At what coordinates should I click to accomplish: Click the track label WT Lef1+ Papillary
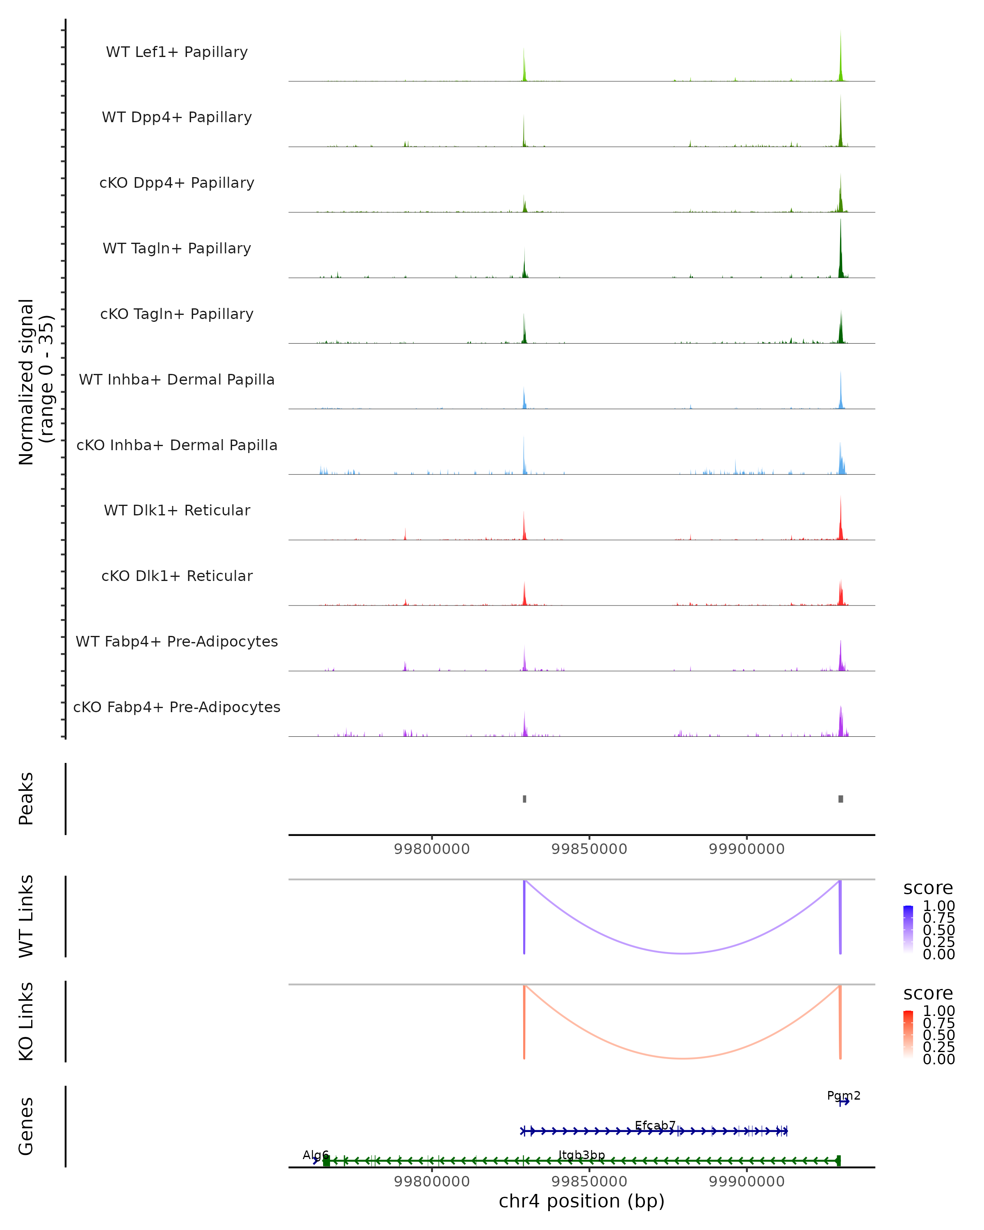[x=177, y=52]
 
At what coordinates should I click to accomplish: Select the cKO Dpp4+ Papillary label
[x=177, y=182]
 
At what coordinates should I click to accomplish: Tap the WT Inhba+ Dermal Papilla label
[x=177, y=379]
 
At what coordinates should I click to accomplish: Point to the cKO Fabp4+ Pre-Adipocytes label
[x=177, y=707]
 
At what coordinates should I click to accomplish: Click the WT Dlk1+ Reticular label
[x=177, y=510]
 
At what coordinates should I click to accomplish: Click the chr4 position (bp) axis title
[x=581, y=1201]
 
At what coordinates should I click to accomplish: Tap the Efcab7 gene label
[x=655, y=1125]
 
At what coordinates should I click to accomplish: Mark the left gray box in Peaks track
[x=524, y=799]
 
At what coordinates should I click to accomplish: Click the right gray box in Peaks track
[x=840, y=799]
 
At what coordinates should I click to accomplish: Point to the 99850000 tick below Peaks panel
[x=589, y=849]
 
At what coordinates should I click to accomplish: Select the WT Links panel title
[x=26, y=916]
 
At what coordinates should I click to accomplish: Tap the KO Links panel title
[x=26, y=1021]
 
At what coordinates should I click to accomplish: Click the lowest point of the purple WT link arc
[x=682, y=953]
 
